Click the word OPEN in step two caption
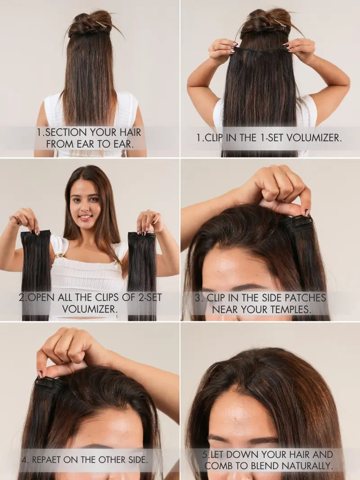[42, 297]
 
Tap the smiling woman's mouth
[85, 217]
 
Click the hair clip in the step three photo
[297, 224]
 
